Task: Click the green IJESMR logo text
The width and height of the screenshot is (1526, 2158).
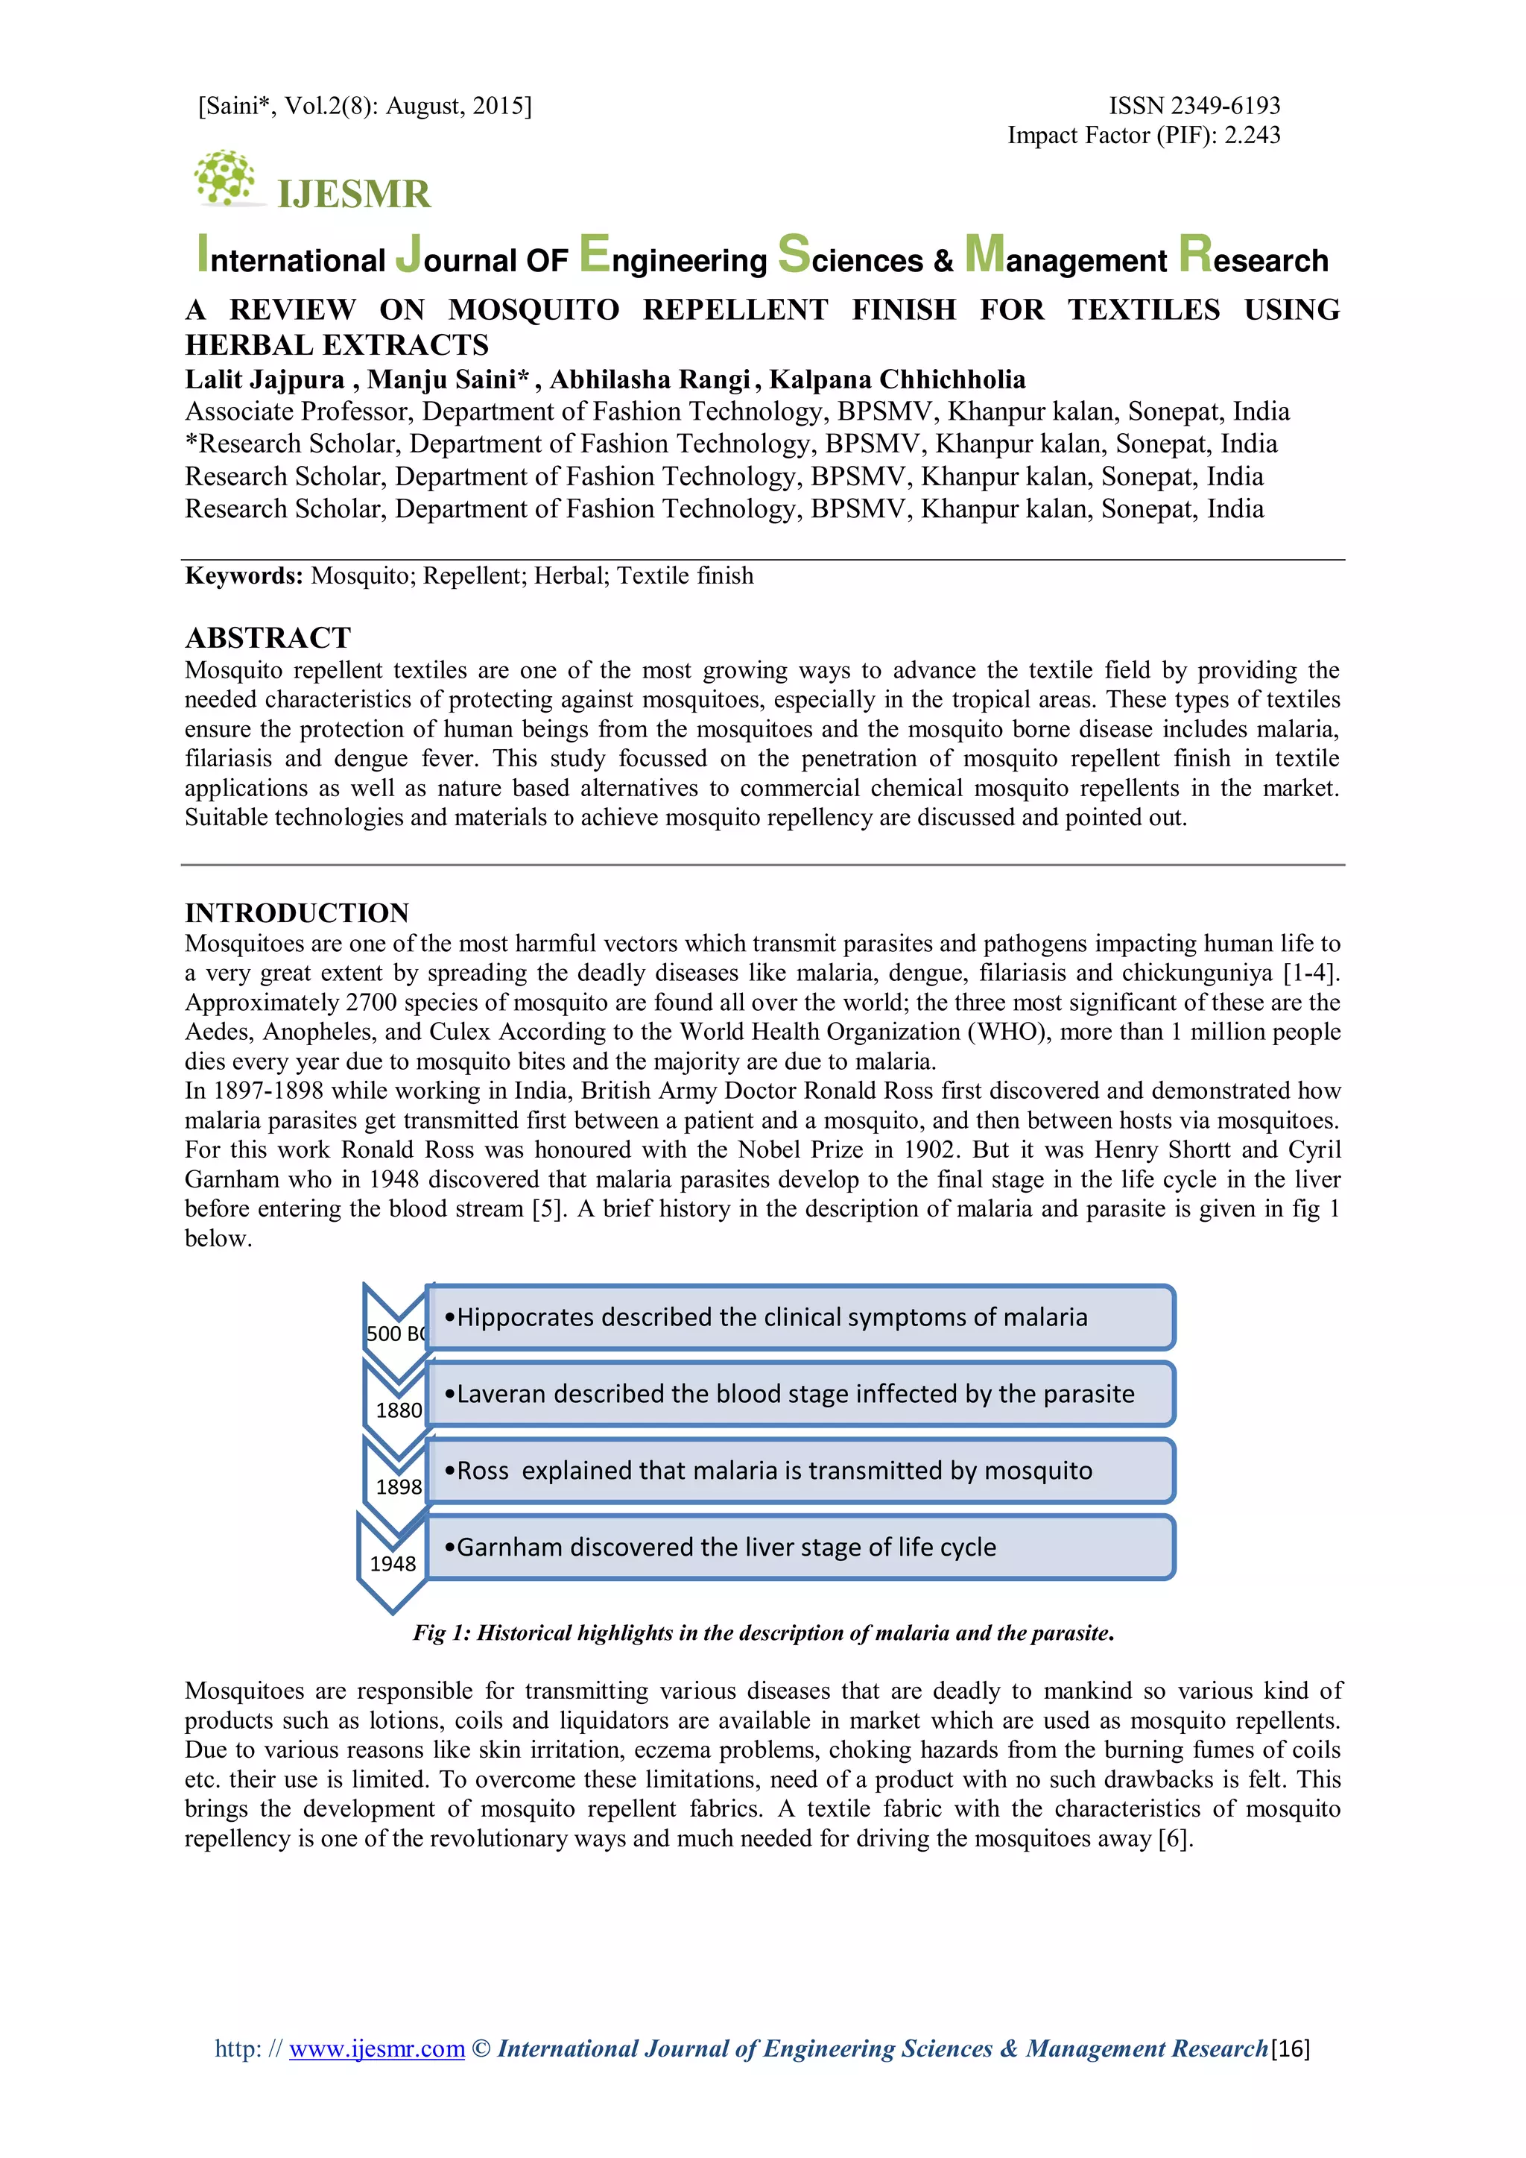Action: pos(354,195)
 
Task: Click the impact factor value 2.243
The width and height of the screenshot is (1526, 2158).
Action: pos(1252,136)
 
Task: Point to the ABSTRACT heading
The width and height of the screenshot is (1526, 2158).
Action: pos(267,638)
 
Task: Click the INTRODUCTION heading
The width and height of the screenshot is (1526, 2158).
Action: pos(297,912)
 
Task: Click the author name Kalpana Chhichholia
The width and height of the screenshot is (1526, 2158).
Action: pos(897,379)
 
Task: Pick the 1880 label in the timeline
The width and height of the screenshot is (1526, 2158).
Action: pos(399,1410)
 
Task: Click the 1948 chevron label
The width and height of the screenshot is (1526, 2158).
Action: pos(393,1563)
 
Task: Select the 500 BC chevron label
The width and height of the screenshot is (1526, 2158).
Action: pos(396,1333)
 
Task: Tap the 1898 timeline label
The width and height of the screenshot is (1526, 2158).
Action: pos(399,1487)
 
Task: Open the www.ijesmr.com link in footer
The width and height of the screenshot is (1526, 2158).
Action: pos(377,2048)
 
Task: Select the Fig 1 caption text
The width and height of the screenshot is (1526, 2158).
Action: pos(763,1632)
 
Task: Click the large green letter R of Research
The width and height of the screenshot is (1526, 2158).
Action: pos(1195,253)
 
